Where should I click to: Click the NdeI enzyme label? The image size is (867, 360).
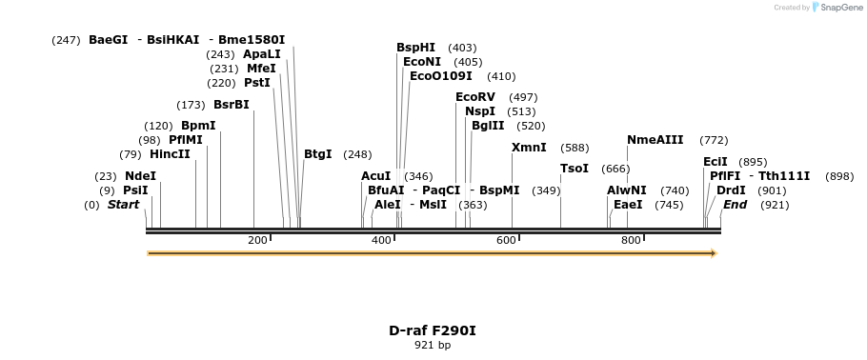tap(140, 176)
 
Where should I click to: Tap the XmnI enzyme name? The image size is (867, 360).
tap(529, 148)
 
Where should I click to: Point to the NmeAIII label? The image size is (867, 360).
tap(655, 140)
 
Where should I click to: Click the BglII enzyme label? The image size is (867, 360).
tap(488, 126)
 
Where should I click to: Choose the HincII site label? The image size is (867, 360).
tap(170, 154)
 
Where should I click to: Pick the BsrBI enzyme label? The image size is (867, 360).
tap(231, 105)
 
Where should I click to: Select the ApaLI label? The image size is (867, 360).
tap(262, 54)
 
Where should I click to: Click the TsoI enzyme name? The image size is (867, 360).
tap(575, 169)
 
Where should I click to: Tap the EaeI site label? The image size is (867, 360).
tap(628, 205)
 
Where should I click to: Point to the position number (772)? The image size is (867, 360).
tap(714, 140)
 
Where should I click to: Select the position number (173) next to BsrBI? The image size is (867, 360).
tap(191, 105)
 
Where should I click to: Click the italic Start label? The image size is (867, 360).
tap(123, 205)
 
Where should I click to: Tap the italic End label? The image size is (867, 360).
tap(735, 205)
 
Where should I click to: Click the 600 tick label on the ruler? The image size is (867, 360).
tap(506, 240)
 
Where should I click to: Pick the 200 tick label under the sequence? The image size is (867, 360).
tap(257, 240)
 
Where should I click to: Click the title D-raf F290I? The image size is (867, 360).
tap(432, 330)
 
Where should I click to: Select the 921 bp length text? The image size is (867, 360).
tap(432, 345)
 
